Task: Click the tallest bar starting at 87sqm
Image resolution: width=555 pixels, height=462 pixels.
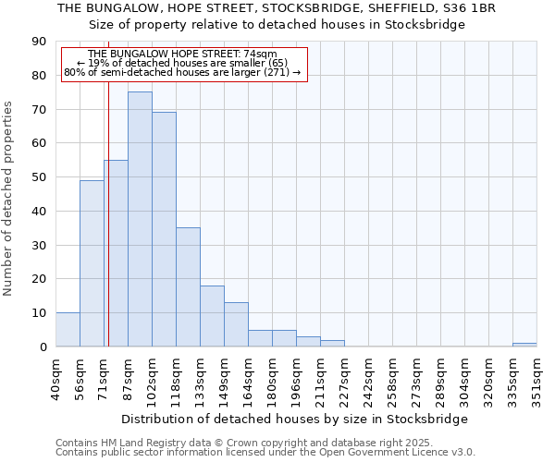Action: [140, 219]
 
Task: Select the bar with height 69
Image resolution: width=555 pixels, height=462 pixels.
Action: [164, 229]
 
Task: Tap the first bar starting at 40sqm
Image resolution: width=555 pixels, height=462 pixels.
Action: [68, 330]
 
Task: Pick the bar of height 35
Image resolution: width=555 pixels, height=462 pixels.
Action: [188, 286]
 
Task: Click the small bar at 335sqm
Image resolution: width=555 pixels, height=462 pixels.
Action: [524, 345]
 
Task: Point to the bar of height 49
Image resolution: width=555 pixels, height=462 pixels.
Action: [92, 263]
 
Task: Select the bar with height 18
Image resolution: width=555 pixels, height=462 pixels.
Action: [212, 316]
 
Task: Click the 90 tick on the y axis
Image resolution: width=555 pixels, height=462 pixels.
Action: [39, 42]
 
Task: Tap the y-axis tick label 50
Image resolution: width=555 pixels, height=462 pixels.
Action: [39, 177]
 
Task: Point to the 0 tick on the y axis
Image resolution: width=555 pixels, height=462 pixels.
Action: [43, 346]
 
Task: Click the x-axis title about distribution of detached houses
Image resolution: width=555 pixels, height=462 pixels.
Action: [294, 419]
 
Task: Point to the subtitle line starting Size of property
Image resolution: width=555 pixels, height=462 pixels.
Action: [277, 24]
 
